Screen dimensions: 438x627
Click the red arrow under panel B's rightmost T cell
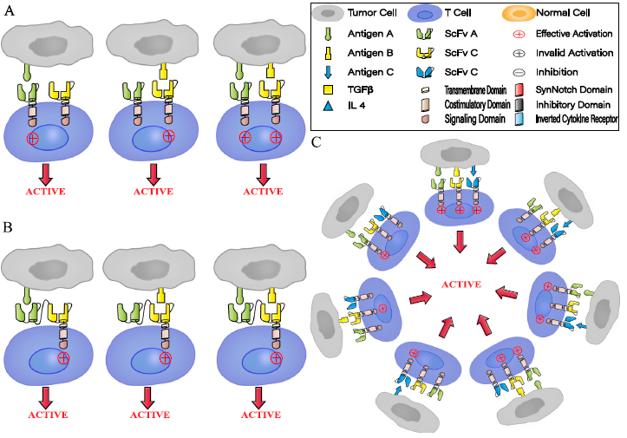pos(258,400)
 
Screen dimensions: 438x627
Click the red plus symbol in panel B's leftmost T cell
pos(62,357)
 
